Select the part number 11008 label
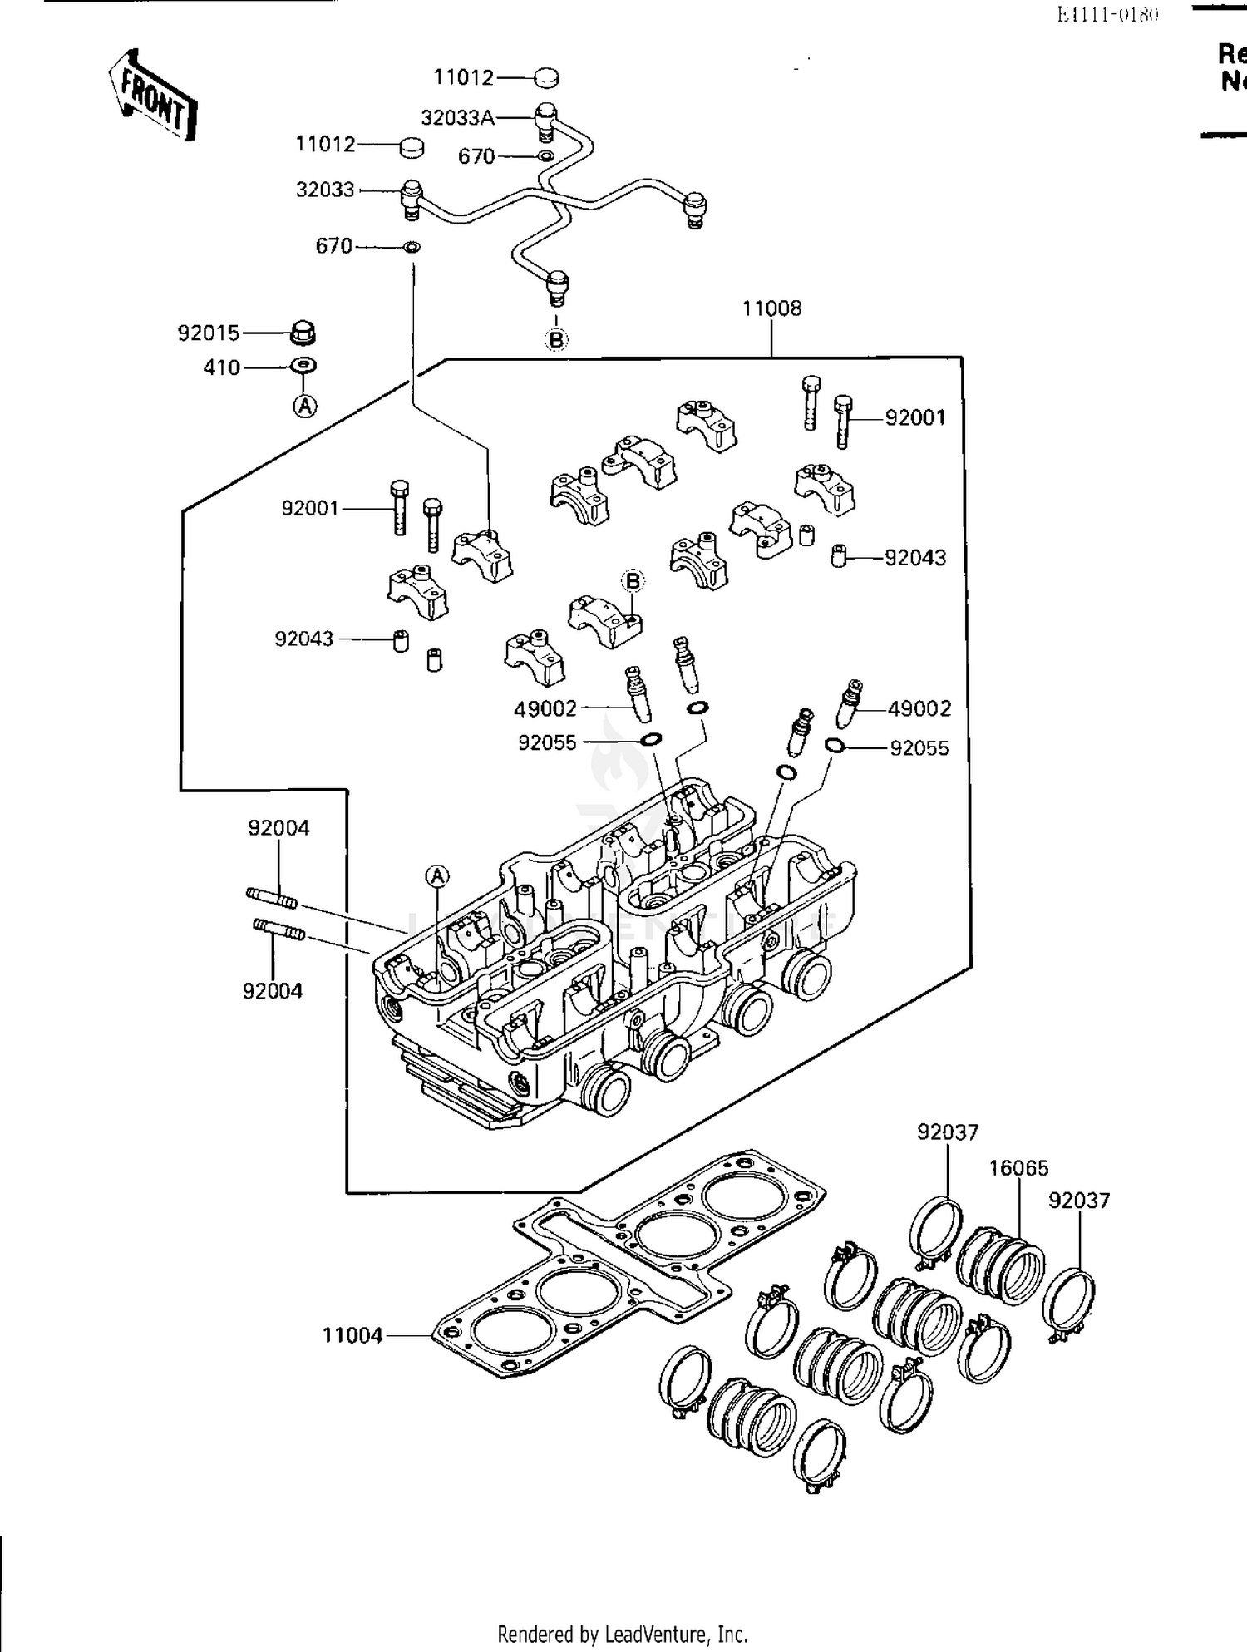pyautogui.click(x=771, y=308)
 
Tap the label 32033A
pyautogui.click(x=457, y=118)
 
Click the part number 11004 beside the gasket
pyautogui.click(x=352, y=1335)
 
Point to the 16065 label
pyautogui.click(x=1018, y=1168)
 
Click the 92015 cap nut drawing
pyautogui.click(x=303, y=333)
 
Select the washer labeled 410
pyautogui.click(x=304, y=366)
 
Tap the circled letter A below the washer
pyautogui.click(x=306, y=406)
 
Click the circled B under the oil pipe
pyautogui.click(x=556, y=339)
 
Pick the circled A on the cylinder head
pyautogui.click(x=437, y=876)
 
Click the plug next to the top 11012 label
pyautogui.click(x=545, y=77)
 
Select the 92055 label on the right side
pyautogui.click(x=919, y=748)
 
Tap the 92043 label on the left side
pyautogui.click(x=304, y=639)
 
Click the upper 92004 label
pyautogui.click(x=278, y=828)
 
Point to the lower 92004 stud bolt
pyautogui.click(x=278, y=930)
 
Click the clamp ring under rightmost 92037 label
pyautogui.click(x=1069, y=1303)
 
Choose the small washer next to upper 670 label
pyautogui.click(x=545, y=156)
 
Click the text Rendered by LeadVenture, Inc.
pyautogui.click(x=623, y=1634)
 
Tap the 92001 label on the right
pyautogui.click(x=915, y=417)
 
